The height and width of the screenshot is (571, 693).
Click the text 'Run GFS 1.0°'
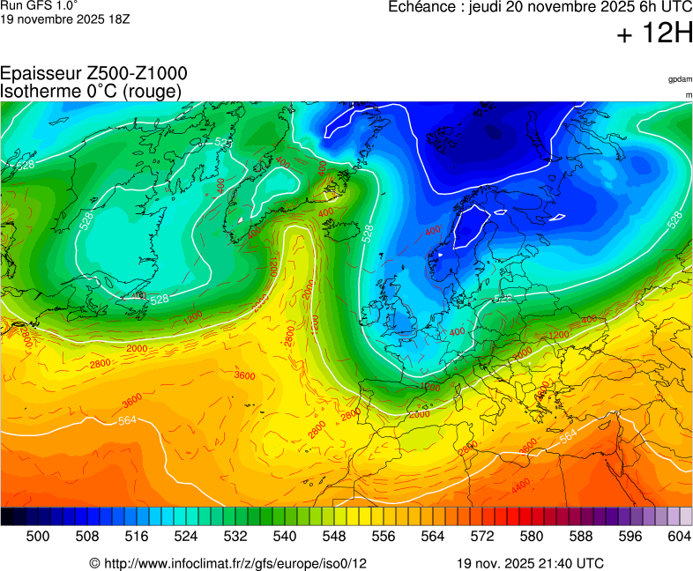coord(33,5)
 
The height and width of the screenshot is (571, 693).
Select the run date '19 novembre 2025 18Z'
coord(65,19)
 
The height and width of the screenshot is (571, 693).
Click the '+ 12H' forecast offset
coord(655,34)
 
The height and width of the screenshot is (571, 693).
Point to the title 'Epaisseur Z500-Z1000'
coord(93,74)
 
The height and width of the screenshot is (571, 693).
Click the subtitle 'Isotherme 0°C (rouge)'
coord(91,91)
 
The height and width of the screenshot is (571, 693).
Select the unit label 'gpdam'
coord(680,79)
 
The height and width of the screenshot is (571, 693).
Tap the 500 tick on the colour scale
coord(38,535)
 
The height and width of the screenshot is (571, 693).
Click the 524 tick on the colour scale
coord(186,535)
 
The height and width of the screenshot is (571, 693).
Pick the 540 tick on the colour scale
coord(285,535)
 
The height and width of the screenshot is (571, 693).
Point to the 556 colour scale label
coord(384,535)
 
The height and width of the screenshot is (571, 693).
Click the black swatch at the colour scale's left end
coord(7,516)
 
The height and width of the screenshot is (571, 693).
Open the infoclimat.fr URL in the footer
coord(235,563)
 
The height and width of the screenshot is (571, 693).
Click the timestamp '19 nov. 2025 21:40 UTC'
coord(530,563)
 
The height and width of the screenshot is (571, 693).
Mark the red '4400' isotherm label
coord(520,484)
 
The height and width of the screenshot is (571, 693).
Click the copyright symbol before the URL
coord(94,563)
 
